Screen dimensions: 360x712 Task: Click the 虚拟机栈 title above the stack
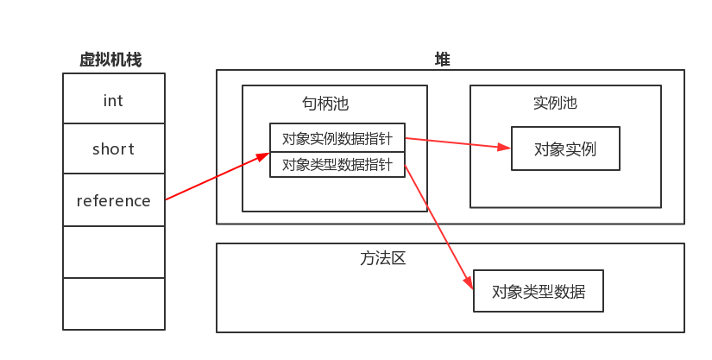pos(110,60)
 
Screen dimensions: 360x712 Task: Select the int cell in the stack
pos(113,100)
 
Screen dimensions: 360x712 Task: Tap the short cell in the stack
pos(113,149)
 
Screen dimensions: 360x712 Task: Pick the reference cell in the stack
pos(113,201)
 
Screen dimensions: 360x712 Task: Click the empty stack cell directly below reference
pos(113,252)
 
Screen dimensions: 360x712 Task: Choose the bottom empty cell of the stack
pos(113,303)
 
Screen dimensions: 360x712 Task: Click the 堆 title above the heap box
pos(442,60)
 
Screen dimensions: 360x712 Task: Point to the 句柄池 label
pos(325,104)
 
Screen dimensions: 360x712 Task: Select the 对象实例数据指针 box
pos(337,137)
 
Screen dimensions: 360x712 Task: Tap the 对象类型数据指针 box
pos(337,164)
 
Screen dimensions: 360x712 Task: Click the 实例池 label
pos(555,103)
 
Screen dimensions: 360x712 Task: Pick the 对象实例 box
pos(565,148)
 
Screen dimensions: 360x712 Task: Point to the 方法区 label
pos(383,258)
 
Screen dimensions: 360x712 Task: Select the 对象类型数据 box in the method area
pos(538,292)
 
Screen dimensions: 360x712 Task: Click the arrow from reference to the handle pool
pos(216,177)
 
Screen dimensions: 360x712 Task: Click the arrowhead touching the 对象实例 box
pos(505,147)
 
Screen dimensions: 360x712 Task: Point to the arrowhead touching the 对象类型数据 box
pos(469,282)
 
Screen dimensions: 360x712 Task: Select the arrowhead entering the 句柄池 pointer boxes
pos(264,156)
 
